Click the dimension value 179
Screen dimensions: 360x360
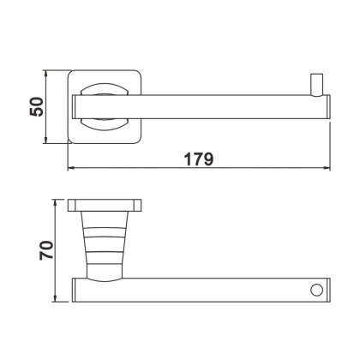[198, 159]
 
